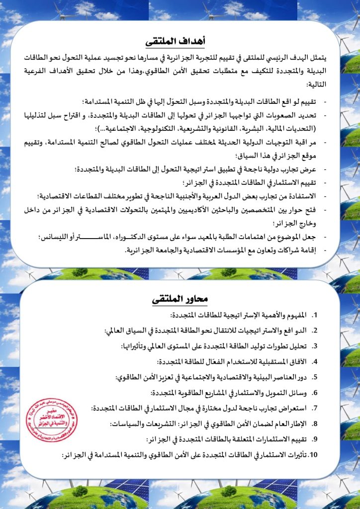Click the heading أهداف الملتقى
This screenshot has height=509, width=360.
pyautogui.click(x=180, y=40)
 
